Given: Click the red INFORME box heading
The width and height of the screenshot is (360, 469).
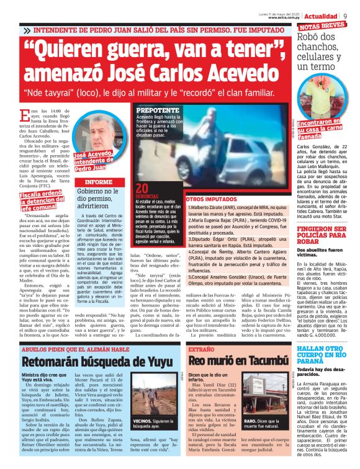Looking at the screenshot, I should pyautogui.click(x=98, y=182).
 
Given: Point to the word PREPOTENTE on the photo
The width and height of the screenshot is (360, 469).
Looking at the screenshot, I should pyautogui.click(x=158, y=110).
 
